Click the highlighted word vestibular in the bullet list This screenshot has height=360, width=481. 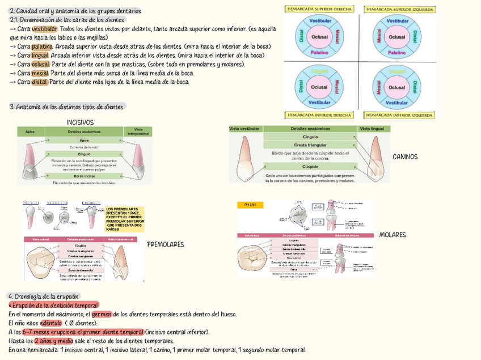click(45, 29)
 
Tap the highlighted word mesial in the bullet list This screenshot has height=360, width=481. click(40, 73)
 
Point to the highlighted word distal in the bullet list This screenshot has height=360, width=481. click(39, 82)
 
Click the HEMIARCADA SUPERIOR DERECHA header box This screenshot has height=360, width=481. click(320, 9)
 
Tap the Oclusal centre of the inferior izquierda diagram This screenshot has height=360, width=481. click(397, 87)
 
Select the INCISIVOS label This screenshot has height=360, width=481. click(80, 122)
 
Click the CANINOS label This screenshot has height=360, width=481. click(404, 156)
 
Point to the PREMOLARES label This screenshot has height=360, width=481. click(165, 244)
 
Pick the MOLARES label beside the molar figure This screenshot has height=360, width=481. click(392, 234)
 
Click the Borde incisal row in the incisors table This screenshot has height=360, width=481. click(85, 176)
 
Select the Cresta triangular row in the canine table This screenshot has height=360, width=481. click(310, 146)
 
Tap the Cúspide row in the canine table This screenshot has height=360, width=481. click(310, 167)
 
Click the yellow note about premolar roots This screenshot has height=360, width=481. click(124, 219)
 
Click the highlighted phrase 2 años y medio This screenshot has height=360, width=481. click(53, 341)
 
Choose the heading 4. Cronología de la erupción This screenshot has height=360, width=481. click(44, 296)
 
